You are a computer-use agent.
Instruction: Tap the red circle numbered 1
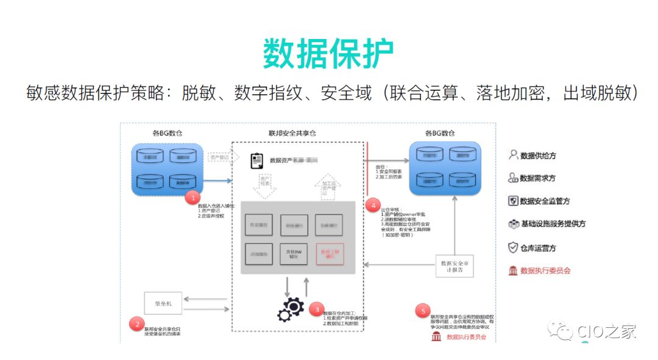(193, 197)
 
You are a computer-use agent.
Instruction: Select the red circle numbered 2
(138, 324)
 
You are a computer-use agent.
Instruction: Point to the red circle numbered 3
(315, 309)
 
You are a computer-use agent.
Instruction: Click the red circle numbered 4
(373, 205)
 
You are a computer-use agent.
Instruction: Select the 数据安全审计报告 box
(455, 266)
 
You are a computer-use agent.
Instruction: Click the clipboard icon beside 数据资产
(257, 161)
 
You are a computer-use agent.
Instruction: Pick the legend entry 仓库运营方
(532, 248)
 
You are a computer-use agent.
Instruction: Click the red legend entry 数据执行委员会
(540, 270)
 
